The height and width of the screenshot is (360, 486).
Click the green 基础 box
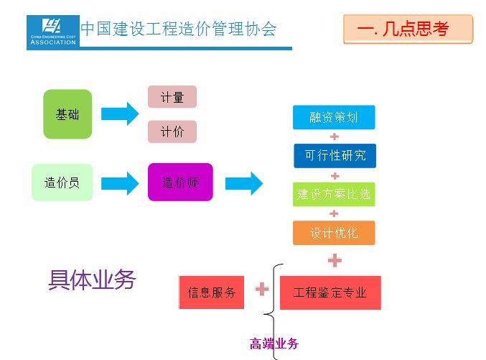67,114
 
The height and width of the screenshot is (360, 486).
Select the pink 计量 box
172,97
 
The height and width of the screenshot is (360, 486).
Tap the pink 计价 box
172,131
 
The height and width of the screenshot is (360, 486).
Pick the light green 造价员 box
62,183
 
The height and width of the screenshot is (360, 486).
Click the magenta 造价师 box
180,183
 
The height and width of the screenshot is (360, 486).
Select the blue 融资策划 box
334,117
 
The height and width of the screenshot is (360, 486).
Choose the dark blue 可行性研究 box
335,156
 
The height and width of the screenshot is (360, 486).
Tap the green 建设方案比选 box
334,195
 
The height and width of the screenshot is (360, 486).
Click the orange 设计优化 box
334,233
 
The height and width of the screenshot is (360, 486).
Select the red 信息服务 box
212,292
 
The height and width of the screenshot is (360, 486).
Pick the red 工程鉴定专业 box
330,292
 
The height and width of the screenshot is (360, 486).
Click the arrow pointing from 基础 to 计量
120,114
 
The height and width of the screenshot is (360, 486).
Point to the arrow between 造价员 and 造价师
120,183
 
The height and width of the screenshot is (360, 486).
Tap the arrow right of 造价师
244,183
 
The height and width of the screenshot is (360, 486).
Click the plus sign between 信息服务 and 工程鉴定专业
262,289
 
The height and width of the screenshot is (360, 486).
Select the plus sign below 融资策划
335,137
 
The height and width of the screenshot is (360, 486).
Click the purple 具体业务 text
92,280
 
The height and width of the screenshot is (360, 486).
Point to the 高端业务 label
274,344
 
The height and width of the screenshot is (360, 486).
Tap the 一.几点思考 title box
408,29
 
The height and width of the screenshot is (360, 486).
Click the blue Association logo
53,31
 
